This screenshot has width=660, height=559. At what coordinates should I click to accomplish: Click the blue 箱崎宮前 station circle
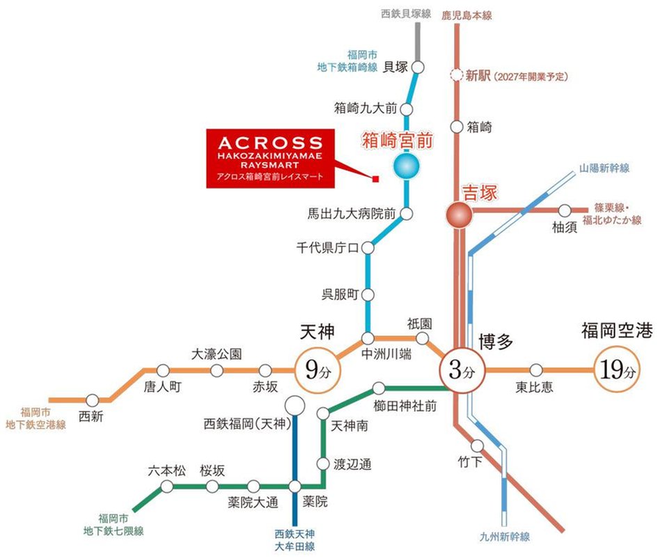407,166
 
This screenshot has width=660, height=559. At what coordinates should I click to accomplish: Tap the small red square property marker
375,180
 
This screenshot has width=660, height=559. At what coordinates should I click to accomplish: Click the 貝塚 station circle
418,67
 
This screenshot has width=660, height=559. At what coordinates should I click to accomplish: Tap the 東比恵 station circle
536,370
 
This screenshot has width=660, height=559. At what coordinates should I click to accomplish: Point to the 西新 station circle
93,400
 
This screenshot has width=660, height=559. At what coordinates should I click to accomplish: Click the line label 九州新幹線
505,537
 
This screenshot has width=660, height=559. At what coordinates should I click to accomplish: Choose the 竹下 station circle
478,446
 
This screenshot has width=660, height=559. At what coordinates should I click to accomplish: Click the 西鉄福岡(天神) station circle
294,404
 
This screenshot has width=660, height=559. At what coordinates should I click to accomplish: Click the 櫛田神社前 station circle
379,388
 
